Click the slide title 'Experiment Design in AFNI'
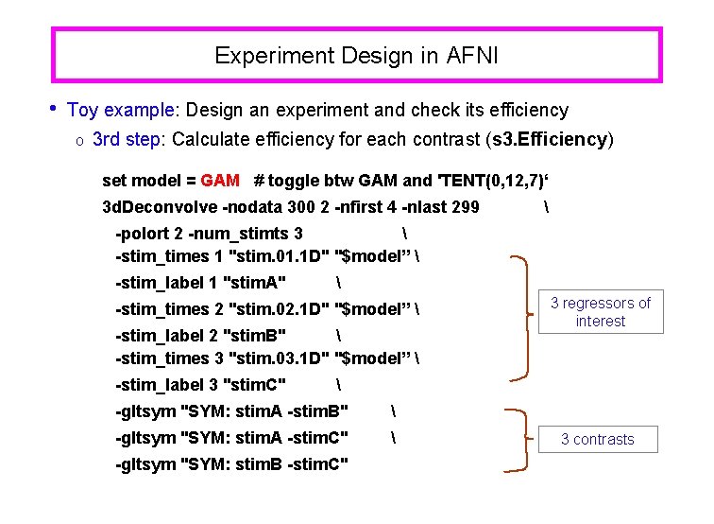356,56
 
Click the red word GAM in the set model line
220,181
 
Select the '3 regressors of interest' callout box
600,312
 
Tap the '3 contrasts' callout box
597,439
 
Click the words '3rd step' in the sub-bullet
127,139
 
